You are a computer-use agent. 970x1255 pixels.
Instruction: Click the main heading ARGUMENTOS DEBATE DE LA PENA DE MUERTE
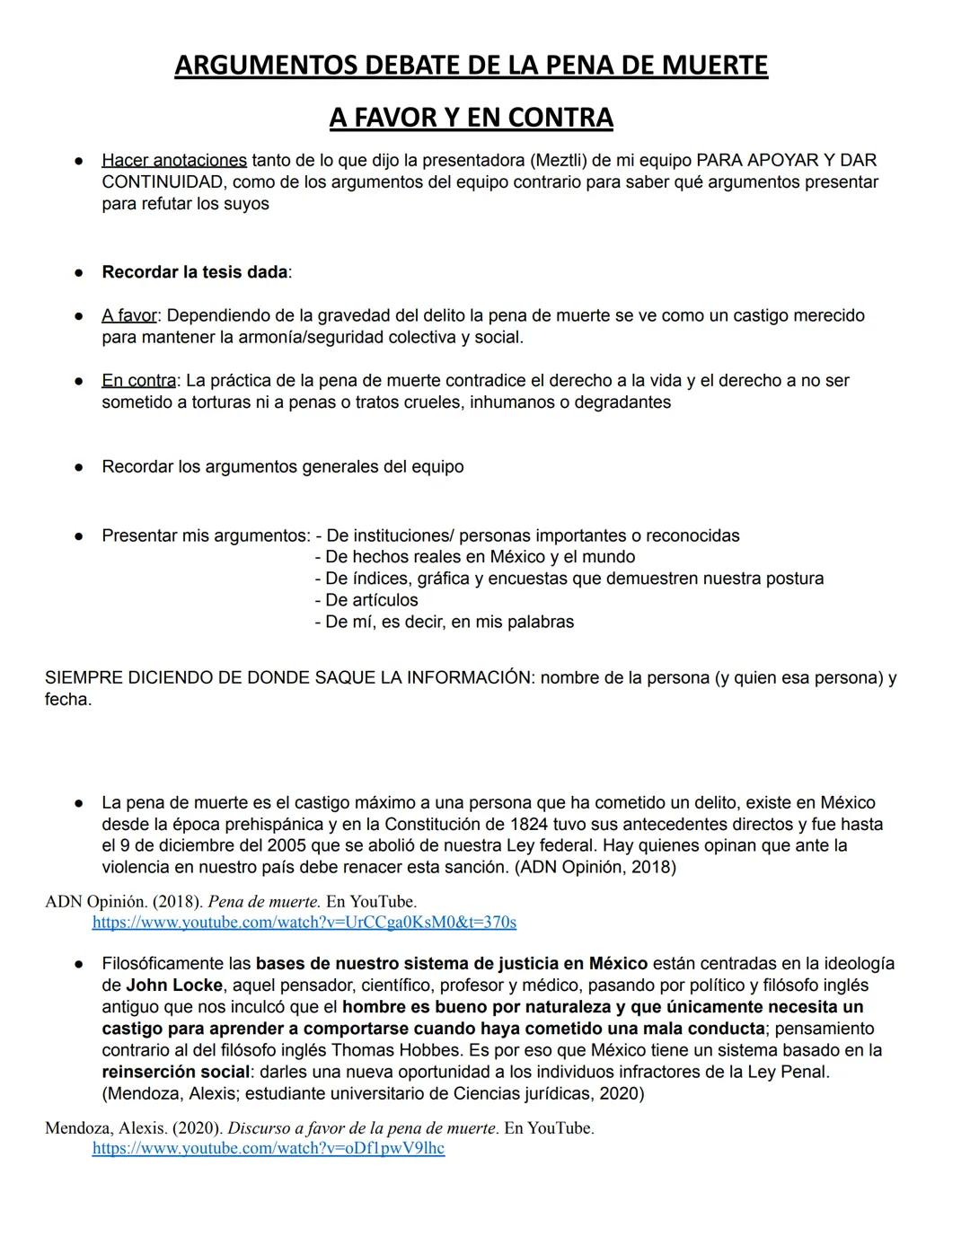(x=471, y=66)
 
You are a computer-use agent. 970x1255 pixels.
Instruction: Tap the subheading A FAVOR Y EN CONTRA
(x=471, y=118)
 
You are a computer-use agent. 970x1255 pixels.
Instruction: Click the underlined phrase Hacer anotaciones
(x=174, y=161)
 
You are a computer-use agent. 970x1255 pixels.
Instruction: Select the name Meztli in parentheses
(x=557, y=161)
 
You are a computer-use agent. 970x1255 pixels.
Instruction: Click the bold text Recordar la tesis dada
(x=195, y=272)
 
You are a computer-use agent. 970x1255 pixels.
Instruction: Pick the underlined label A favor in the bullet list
(x=129, y=316)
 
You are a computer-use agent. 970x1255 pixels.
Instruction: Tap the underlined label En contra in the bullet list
(x=138, y=381)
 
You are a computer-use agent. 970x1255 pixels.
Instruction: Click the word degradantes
(x=622, y=402)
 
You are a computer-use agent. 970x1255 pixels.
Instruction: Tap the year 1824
(x=529, y=825)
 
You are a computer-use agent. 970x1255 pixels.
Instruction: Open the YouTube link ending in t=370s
(x=304, y=923)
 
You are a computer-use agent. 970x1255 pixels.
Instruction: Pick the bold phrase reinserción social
(x=175, y=1072)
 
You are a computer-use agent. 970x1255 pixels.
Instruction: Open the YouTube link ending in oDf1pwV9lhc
(x=268, y=1149)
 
